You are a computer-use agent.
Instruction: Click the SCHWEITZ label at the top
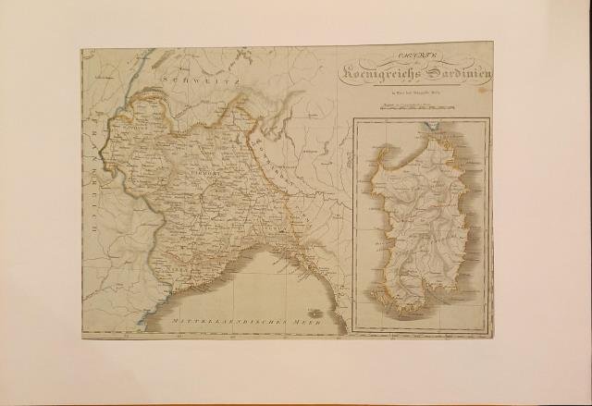tap(201, 81)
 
